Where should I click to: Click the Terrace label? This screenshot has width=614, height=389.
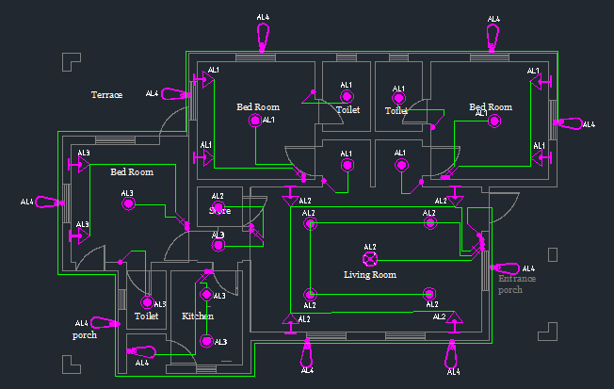(x=106, y=95)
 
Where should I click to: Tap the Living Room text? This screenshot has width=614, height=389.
(x=370, y=275)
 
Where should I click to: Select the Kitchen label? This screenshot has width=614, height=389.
(x=198, y=316)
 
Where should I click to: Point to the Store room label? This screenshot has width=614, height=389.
(x=219, y=211)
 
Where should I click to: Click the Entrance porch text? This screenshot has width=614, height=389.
(x=516, y=284)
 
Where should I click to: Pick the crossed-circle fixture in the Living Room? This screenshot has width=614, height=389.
(x=370, y=258)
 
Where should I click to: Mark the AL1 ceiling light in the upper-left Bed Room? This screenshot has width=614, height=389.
(x=253, y=120)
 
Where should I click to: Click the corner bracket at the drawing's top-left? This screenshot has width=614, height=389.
(x=69, y=61)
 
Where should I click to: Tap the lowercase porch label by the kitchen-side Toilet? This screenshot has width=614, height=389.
(x=85, y=334)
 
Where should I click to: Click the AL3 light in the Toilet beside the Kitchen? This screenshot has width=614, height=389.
(x=146, y=303)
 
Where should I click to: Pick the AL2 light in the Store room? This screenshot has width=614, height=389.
(x=218, y=208)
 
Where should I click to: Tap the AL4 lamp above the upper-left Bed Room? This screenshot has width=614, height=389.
(x=264, y=36)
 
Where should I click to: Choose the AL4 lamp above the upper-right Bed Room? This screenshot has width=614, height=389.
(x=493, y=37)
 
